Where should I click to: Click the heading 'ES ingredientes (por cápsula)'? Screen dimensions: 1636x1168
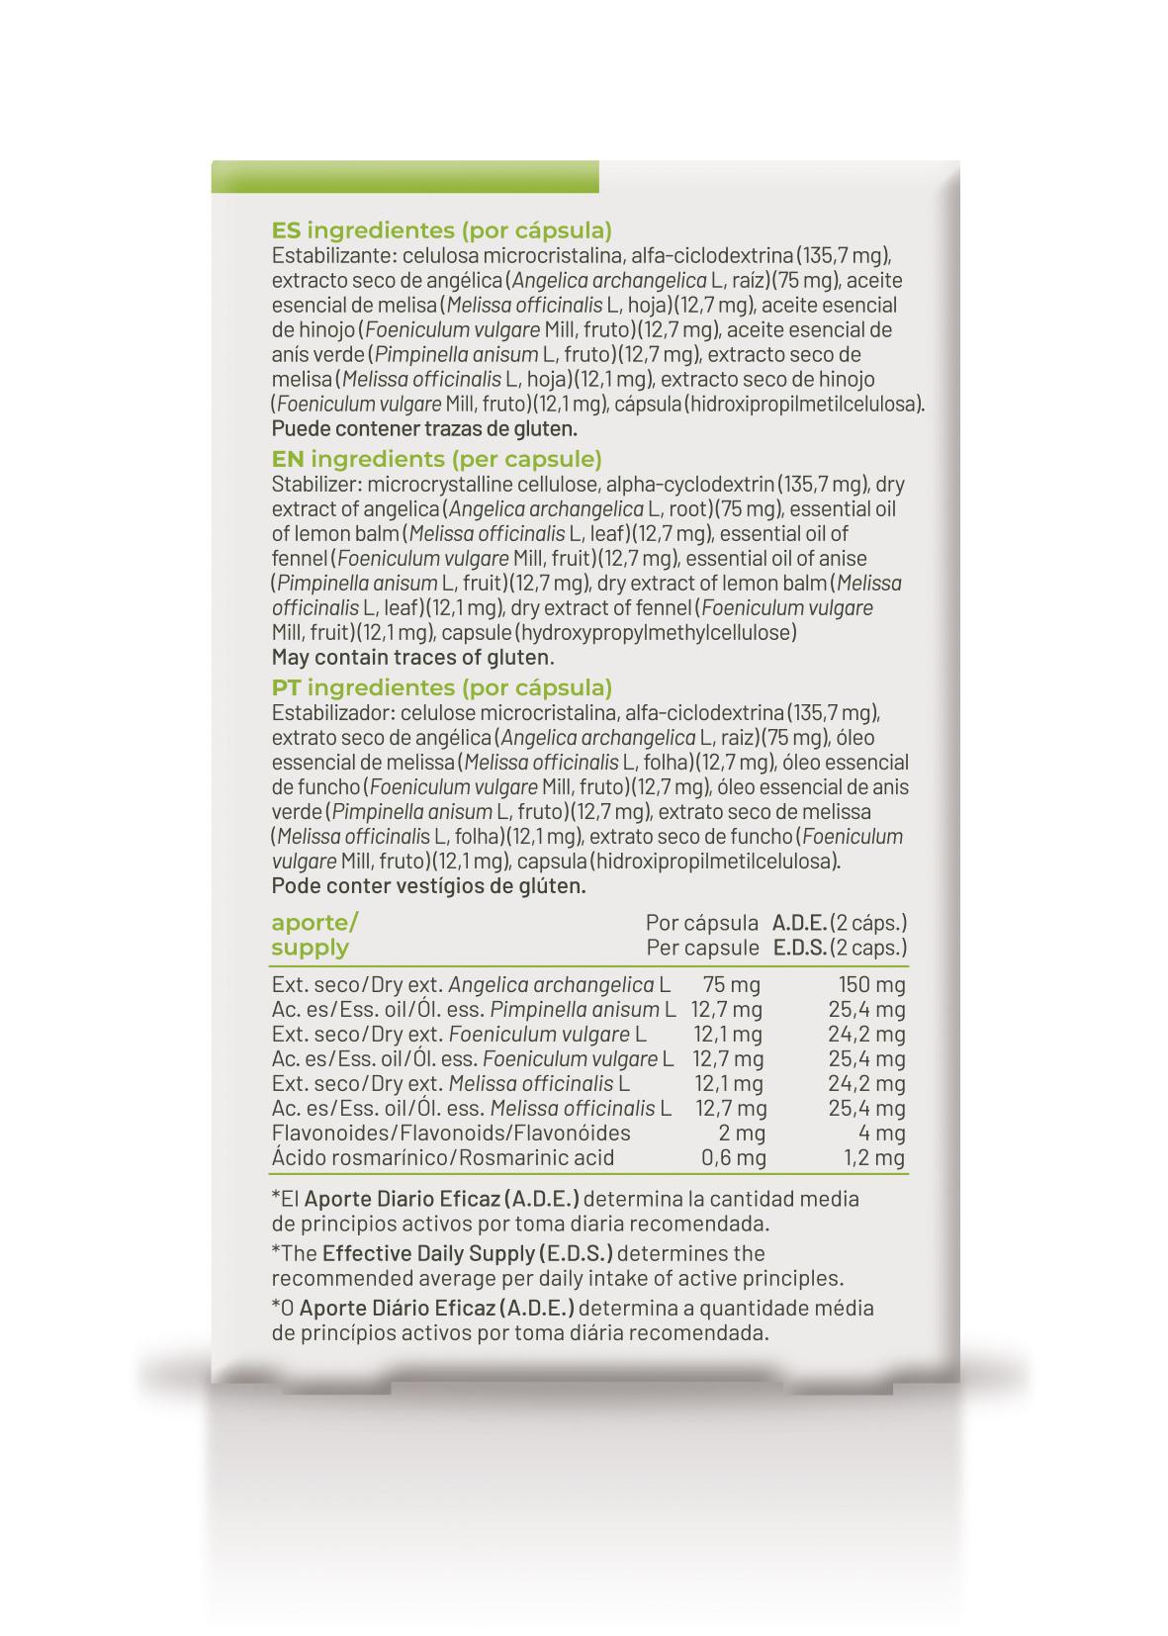click(441, 230)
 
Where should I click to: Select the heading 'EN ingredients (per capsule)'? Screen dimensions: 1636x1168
click(436, 459)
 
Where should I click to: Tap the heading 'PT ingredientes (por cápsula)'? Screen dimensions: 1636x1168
click(441, 687)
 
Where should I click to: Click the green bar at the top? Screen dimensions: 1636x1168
click(404, 177)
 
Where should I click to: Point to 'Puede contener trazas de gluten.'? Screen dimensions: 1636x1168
click(424, 429)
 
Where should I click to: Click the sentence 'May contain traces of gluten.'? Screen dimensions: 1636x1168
click(412, 658)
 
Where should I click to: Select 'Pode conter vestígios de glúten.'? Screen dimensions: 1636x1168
click(428, 885)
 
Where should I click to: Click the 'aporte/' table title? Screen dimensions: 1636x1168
click(314, 923)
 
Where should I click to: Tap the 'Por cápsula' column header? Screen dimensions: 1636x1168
click(701, 923)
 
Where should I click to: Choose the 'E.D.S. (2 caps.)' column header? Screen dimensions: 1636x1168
click(839, 948)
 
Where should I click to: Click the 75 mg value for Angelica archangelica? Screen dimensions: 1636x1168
click(731, 985)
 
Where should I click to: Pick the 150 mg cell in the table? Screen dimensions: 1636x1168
click(871, 985)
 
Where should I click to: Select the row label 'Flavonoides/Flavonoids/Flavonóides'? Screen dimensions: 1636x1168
click(450, 1134)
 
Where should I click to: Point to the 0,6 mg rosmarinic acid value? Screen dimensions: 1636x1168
click(733, 1158)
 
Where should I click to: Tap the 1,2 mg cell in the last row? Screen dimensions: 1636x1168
click(873, 1158)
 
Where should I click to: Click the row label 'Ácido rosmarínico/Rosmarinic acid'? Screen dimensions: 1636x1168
click(442, 1158)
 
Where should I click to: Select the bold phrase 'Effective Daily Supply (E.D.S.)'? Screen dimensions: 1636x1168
click(467, 1253)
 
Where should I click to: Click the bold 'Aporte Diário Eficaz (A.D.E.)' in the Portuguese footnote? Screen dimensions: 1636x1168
click(436, 1308)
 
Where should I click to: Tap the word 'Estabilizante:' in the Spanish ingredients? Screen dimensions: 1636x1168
click(329, 256)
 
